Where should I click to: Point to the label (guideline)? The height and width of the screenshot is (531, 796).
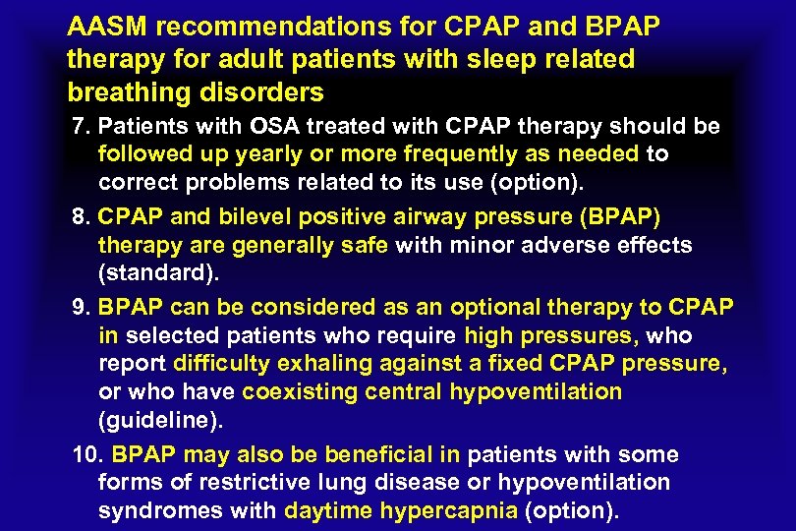160,421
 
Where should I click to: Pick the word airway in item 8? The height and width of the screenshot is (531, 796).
449,216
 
